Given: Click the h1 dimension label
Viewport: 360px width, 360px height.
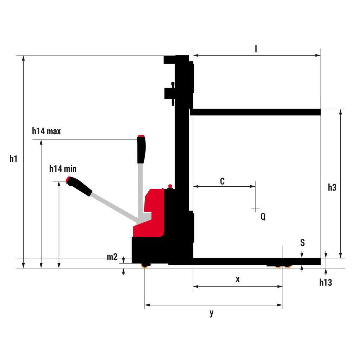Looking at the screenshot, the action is click(13, 159).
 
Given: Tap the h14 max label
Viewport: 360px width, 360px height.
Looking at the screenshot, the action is click(46, 131).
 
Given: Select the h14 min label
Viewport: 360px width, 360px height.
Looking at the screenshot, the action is click(63, 169).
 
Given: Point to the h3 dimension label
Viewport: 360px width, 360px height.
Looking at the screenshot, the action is click(332, 188).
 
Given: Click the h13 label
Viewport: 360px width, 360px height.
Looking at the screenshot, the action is click(326, 282).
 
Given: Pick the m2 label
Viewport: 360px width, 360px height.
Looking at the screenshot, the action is click(112, 257).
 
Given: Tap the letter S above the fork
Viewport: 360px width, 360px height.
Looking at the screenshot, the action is click(302, 243).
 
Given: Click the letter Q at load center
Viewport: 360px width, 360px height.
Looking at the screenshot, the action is click(263, 217).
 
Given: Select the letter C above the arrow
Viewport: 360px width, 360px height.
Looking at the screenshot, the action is click(222, 181).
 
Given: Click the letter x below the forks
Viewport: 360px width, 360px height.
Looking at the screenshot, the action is click(238, 279).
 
